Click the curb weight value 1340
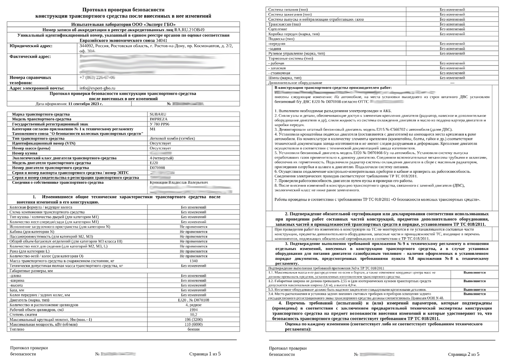point(194,261)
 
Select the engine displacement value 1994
point(194,309)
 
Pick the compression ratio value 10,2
point(194,314)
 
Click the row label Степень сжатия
point(24,314)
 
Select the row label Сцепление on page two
point(278,29)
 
